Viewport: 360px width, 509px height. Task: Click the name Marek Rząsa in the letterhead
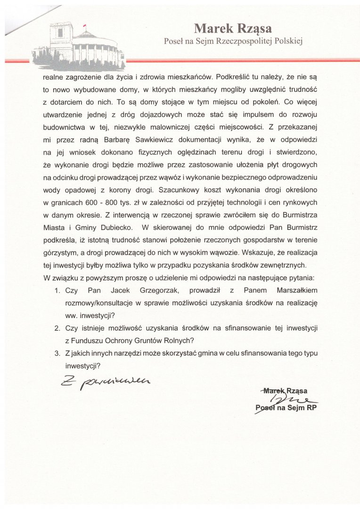click(x=232, y=29)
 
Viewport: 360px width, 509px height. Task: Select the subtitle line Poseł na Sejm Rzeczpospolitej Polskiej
click(x=232, y=41)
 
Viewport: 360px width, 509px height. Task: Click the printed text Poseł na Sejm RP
click(x=286, y=408)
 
